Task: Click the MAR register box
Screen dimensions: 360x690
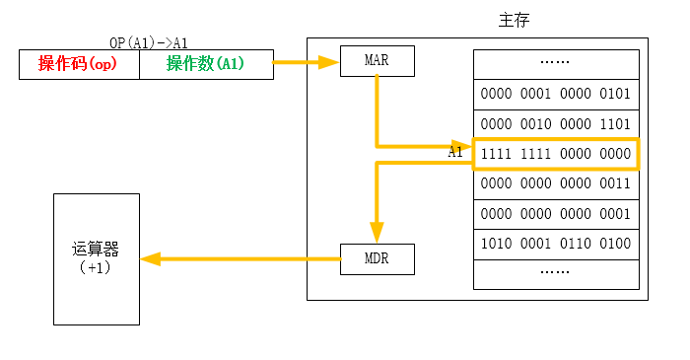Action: pyautogui.click(x=377, y=61)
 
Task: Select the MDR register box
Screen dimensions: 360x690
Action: pyautogui.click(x=377, y=259)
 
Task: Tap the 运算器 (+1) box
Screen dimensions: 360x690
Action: pyautogui.click(x=96, y=258)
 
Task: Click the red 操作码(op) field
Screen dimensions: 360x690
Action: pyautogui.click(x=79, y=65)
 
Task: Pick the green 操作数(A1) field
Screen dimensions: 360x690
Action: pyautogui.click(x=205, y=65)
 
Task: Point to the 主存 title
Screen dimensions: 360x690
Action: pyautogui.click(x=517, y=20)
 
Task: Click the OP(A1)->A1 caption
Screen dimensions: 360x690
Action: pyautogui.click(x=149, y=43)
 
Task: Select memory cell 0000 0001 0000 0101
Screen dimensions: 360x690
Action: pyautogui.click(x=555, y=95)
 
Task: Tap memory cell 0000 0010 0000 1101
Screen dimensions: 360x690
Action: pyautogui.click(x=555, y=124)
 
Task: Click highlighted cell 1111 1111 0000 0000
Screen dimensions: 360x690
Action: pyautogui.click(x=555, y=154)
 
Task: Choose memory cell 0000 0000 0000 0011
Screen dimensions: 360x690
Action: pyautogui.click(x=555, y=183)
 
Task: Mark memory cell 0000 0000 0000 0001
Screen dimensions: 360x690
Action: pyautogui.click(x=555, y=213)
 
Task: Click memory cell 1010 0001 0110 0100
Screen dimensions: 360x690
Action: pyautogui.click(x=555, y=243)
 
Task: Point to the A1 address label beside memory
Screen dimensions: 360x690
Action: pyautogui.click(x=455, y=153)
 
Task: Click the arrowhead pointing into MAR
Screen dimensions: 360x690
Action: pyautogui.click(x=330, y=62)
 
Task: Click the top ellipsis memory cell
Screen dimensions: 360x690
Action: pyautogui.click(x=555, y=63)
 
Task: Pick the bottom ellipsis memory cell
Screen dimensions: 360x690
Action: pyautogui.click(x=555, y=272)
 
